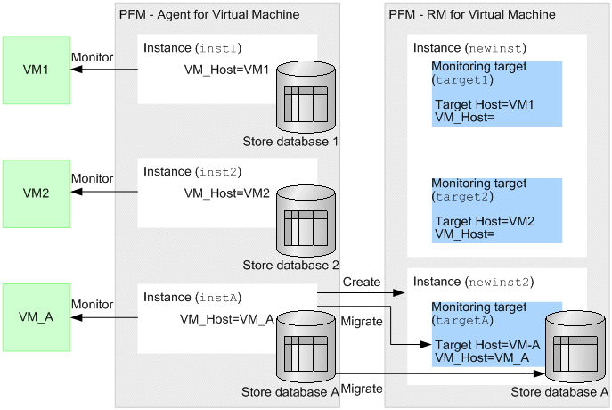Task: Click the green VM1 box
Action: pyautogui.click(x=36, y=69)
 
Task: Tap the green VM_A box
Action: pyautogui.click(x=36, y=316)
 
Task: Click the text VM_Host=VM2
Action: pyautogui.click(x=226, y=193)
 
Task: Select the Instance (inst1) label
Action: pyautogui.click(x=192, y=47)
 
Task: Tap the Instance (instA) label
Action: pyautogui.click(x=192, y=296)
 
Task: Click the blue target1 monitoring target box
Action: pyautogui.click(x=497, y=94)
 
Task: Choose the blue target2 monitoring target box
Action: pyautogui.click(x=497, y=210)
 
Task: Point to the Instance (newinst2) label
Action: pyautogui.click(x=472, y=282)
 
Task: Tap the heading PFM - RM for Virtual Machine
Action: pyautogui.click(x=472, y=14)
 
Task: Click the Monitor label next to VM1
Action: pyautogui.click(x=92, y=57)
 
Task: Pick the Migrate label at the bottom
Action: pyautogui.click(x=362, y=389)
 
